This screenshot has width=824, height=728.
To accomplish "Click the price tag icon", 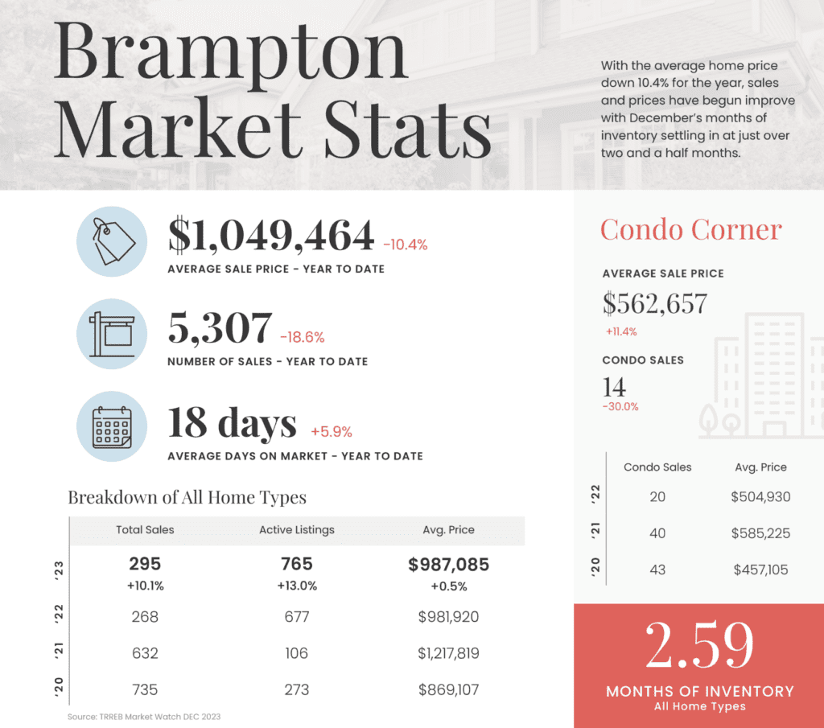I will [x=112, y=241].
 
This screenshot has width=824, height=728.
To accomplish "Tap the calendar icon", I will [x=112, y=427].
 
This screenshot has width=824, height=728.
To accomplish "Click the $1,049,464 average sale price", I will [x=271, y=236].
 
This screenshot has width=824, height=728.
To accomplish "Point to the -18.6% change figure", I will [x=303, y=337].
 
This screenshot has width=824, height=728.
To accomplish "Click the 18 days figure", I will [x=232, y=423].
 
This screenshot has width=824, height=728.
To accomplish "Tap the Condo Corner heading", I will [x=690, y=230].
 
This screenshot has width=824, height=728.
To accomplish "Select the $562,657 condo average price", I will [x=654, y=303].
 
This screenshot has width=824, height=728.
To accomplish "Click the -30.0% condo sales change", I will [x=620, y=406].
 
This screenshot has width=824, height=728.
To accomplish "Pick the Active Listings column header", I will [x=296, y=530].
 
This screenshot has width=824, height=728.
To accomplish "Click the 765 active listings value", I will [x=297, y=565].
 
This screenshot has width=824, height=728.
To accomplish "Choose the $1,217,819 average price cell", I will [x=448, y=653].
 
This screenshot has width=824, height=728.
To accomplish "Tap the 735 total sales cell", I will [x=145, y=689].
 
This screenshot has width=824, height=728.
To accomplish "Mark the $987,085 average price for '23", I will [x=448, y=565].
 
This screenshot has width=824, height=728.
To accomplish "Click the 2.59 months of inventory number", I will [x=699, y=645].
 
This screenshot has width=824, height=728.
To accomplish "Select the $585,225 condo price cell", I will [x=760, y=533].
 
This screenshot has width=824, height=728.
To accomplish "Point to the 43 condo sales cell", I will [x=657, y=570].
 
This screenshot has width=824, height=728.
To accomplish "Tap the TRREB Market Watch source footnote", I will [x=144, y=716].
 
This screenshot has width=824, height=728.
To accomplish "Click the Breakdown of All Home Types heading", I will [x=187, y=497].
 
